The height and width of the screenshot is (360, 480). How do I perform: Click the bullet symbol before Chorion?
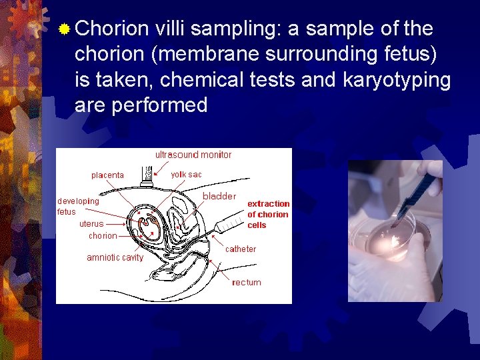(65, 29)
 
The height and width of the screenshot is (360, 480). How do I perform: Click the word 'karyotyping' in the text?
(397, 80)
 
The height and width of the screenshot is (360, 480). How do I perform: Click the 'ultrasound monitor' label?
(193, 155)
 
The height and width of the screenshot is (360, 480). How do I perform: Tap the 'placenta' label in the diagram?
(107, 175)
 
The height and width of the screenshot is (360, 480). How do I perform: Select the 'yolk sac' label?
(186, 175)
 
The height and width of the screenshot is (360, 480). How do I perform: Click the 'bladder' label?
(219, 196)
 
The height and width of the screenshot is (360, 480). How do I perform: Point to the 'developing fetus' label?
(78, 206)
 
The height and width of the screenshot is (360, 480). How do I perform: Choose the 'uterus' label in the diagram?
(91, 224)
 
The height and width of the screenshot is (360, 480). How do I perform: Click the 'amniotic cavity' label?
(115, 258)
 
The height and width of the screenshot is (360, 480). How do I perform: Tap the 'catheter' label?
(240, 249)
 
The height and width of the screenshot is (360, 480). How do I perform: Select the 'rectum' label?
(247, 283)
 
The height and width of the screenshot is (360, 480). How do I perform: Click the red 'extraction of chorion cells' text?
(268, 214)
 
